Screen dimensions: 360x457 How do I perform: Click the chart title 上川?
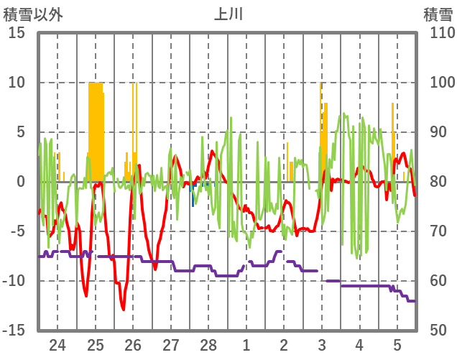tap(228, 14)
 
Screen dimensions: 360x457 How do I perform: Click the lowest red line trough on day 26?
tap(124, 309)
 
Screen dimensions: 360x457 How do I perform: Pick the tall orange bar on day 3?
tap(321, 122)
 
